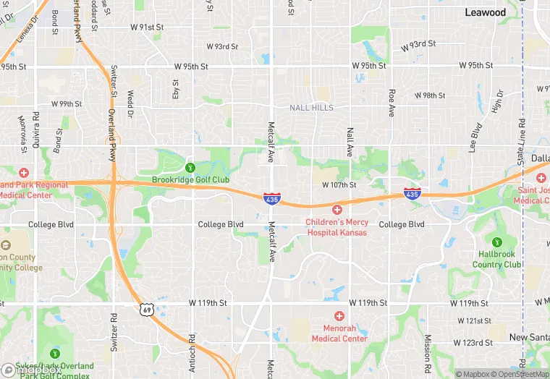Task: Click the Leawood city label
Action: coord(486,12)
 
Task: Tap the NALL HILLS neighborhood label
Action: coord(312,108)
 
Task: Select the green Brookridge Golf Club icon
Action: coord(191,168)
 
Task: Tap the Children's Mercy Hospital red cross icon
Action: coord(337,210)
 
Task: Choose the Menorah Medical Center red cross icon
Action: coord(339,316)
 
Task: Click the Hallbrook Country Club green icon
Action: coord(496,242)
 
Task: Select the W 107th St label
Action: coord(340,184)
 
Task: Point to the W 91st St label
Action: coord(147,27)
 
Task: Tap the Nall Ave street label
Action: coord(350,141)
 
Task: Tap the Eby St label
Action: coord(175,90)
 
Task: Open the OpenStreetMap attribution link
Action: coord(520,374)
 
